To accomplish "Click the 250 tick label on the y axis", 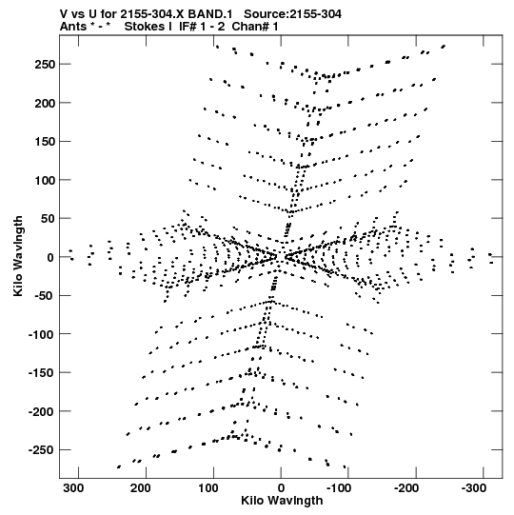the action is (x=45, y=65).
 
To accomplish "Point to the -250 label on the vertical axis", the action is (x=41, y=450).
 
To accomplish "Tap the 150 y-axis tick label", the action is (x=45, y=142).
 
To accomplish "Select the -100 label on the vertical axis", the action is (x=41, y=334).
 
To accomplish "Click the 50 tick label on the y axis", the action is (x=48, y=219).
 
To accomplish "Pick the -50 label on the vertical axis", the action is (x=44, y=296).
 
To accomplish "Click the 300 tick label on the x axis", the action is (x=73, y=488).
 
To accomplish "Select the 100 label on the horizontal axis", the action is (x=208, y=488).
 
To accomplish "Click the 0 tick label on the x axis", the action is (x=281, y=488).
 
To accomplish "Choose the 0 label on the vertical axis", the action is (x=50, y=257).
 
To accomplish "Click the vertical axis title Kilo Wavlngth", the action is (x=18, y=256).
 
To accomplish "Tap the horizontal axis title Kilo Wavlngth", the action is (x=282, y=501).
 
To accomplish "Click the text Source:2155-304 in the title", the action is (x=292, y=14).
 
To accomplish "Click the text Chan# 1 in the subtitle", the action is (x=255, y=27).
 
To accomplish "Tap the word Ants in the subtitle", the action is (x=73, y=27).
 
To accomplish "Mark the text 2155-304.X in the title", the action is (x=152, y=14).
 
